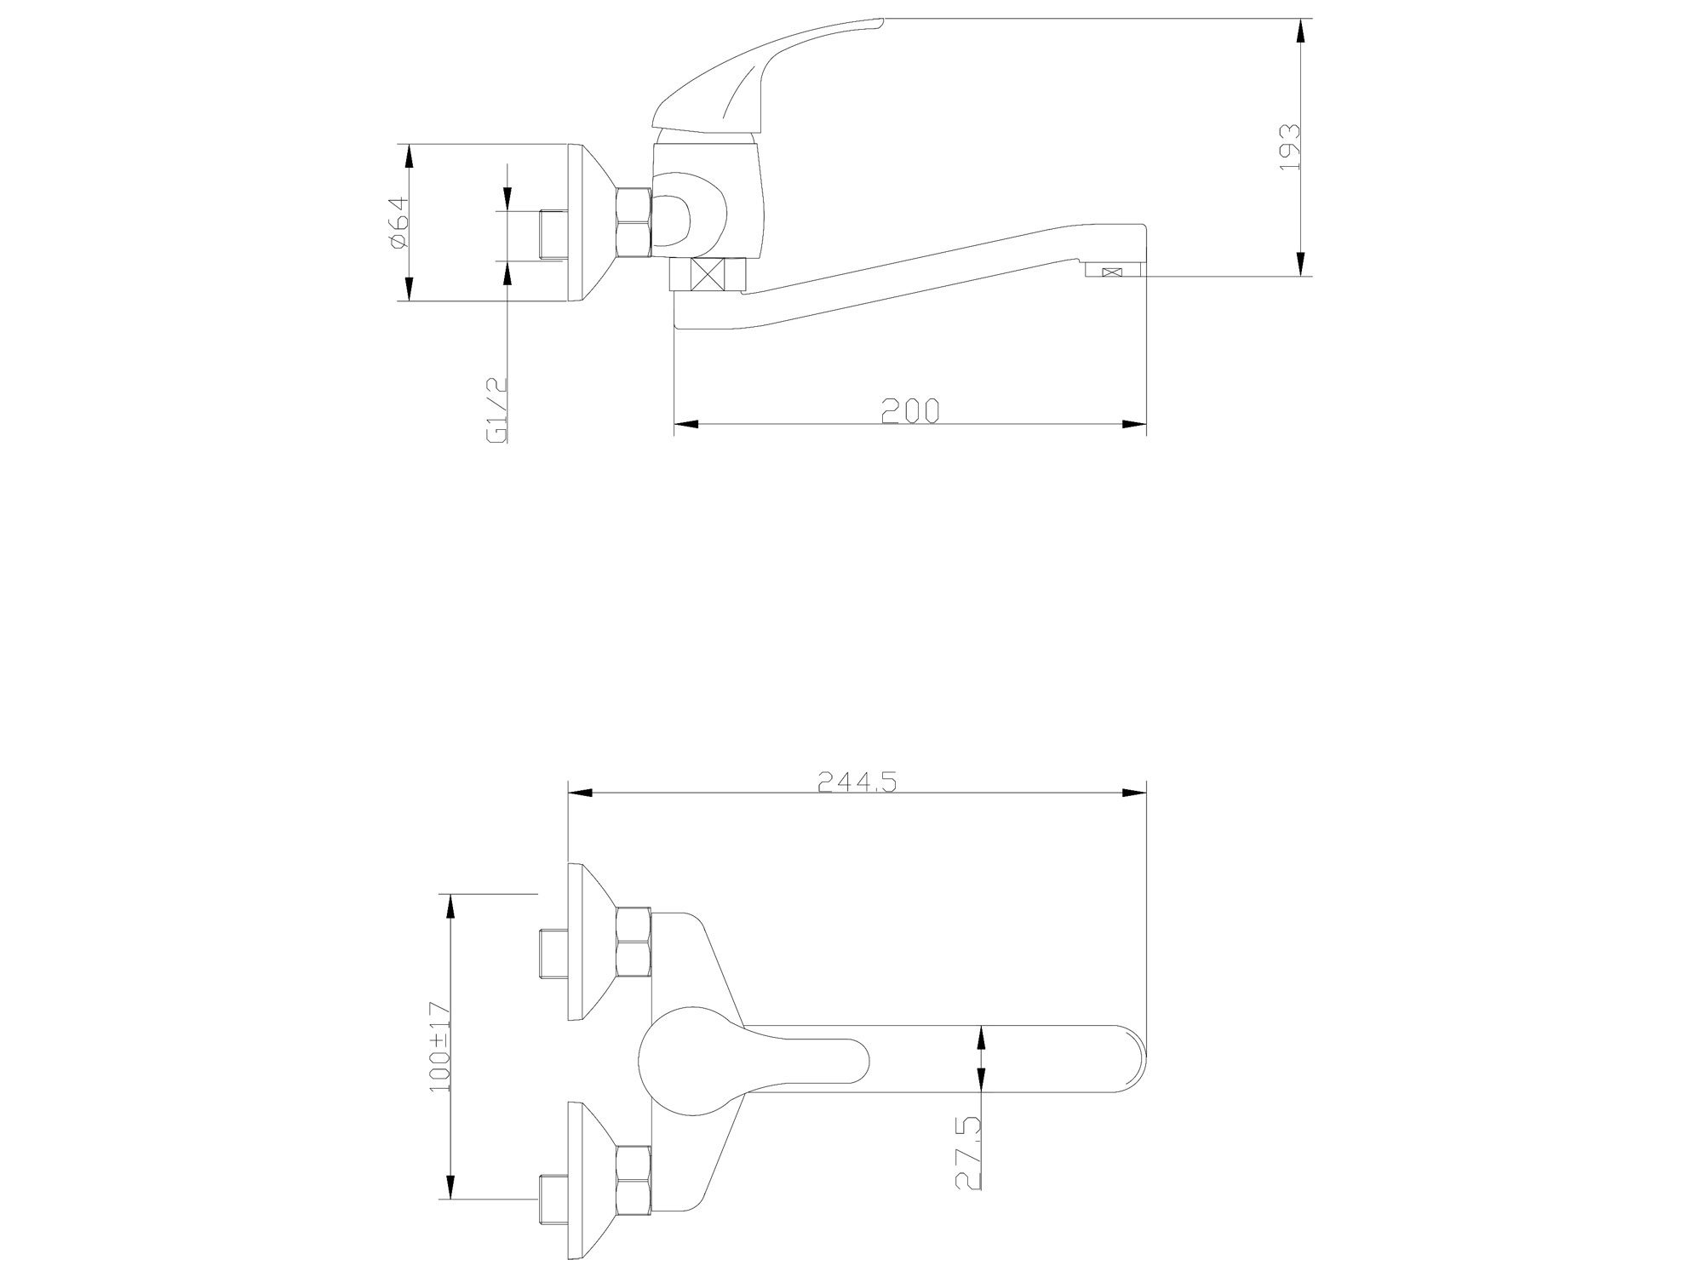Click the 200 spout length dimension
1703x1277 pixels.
910,411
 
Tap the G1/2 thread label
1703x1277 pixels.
496,409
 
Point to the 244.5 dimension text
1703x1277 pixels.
857,782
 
